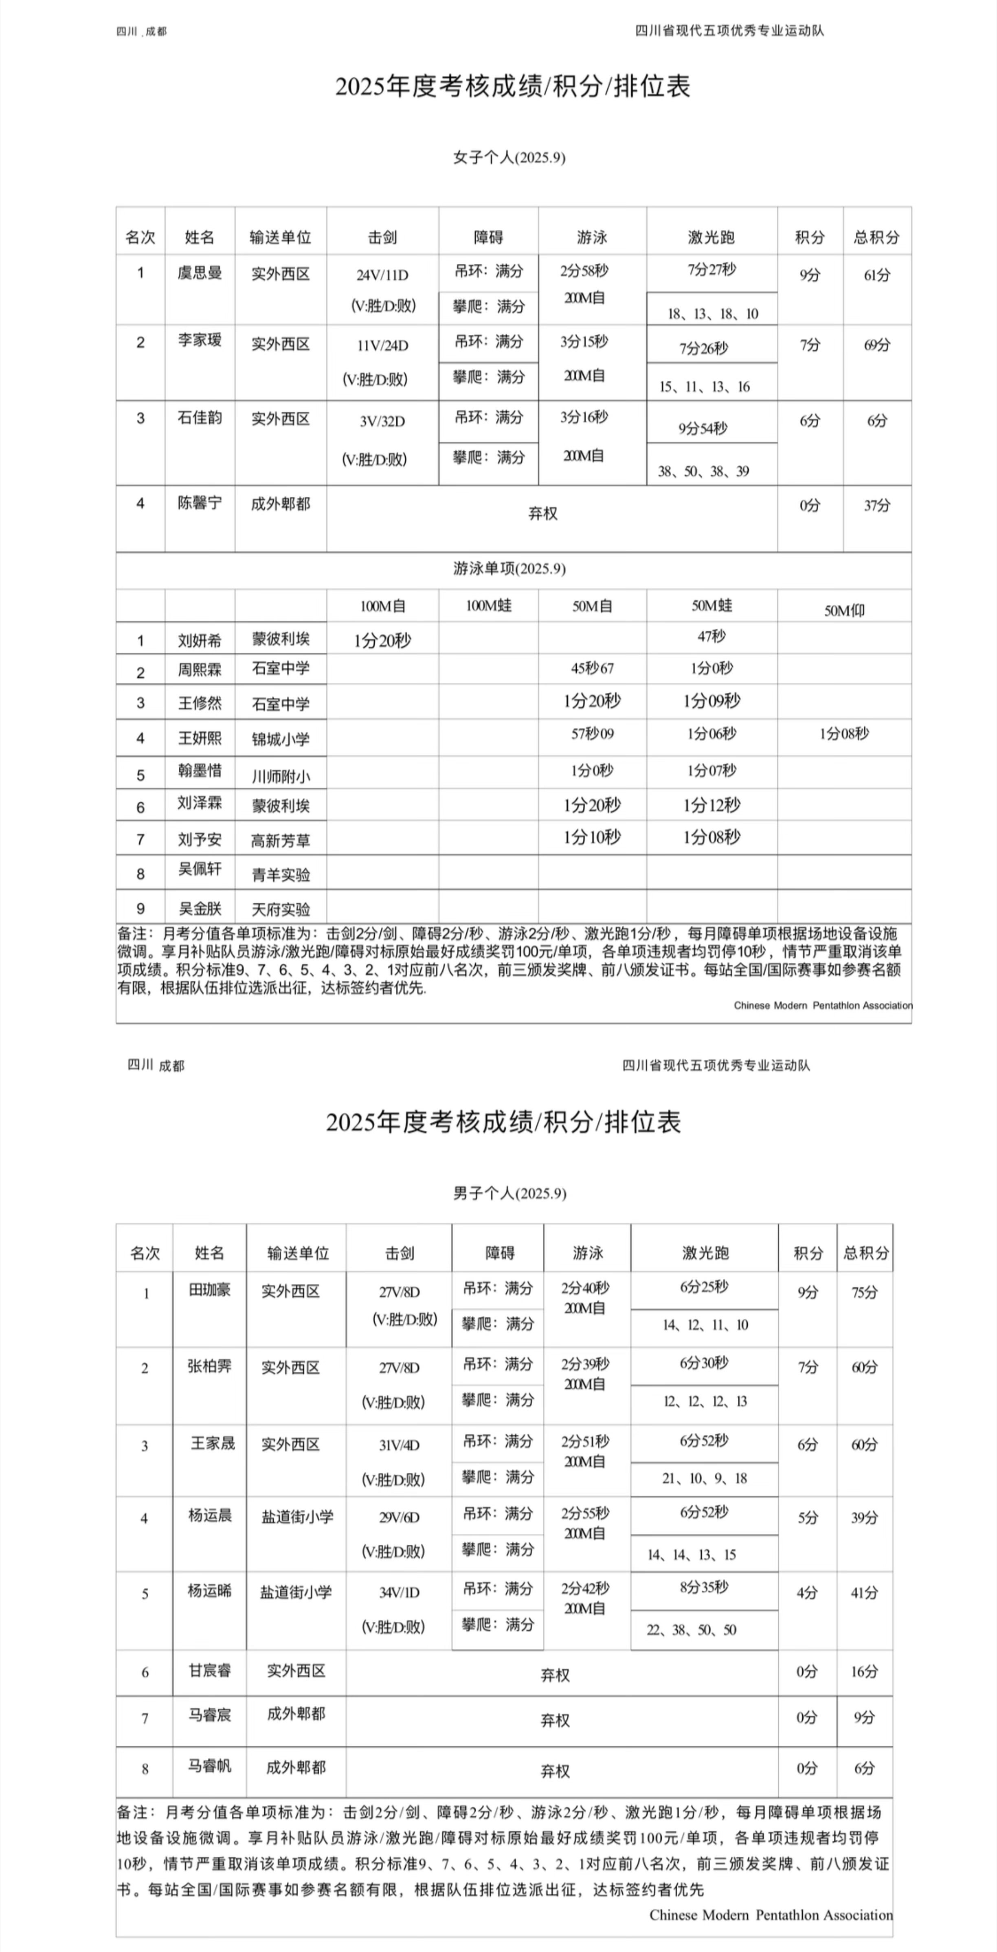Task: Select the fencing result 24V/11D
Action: (382, 275)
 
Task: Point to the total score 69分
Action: (876, 345)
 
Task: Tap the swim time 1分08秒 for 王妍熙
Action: (844, 733)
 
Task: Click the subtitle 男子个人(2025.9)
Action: (509, 1194)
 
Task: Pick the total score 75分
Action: (864, 1293)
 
